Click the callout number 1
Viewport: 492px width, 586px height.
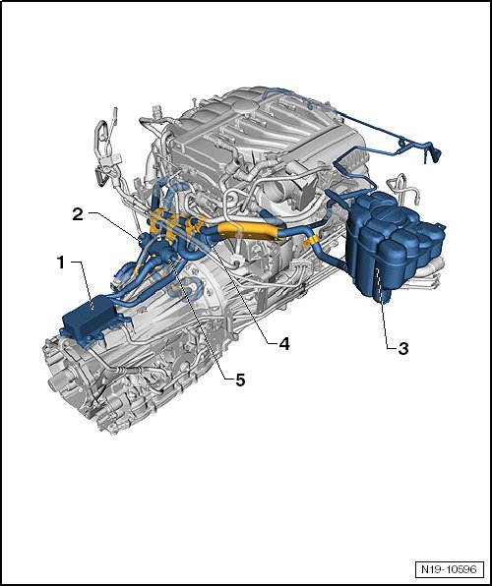pyautogui.click(x=61, y=263)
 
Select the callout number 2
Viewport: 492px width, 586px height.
pyautogui.click(x=78, y=214)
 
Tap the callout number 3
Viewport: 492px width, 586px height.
pyautogui.click(x=403, y=349)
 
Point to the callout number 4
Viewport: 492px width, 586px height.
pyautogui.click(x=284, y=343)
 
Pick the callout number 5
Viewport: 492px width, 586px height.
pyautogui.click(x=240, y=381)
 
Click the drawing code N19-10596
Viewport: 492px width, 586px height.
pyautogui.click(x=449, y=569)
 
